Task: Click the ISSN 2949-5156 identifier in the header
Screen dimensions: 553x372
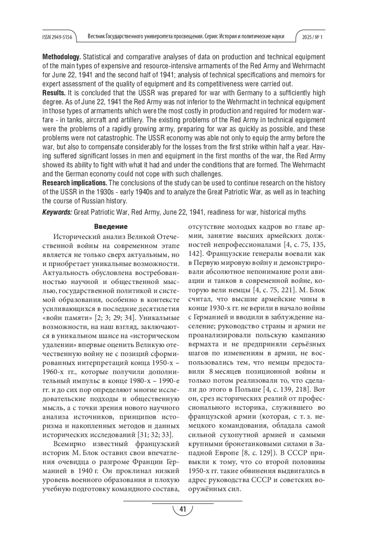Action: (57, 37)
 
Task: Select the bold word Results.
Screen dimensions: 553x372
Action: (54, 93)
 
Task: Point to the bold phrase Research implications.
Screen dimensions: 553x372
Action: (75, 183)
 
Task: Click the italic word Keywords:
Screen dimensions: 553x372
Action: (57, 212)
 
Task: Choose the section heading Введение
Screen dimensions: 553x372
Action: (111, 227)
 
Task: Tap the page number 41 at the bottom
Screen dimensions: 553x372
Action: (183, 509)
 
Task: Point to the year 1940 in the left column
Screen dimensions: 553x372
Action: (86, 470)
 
